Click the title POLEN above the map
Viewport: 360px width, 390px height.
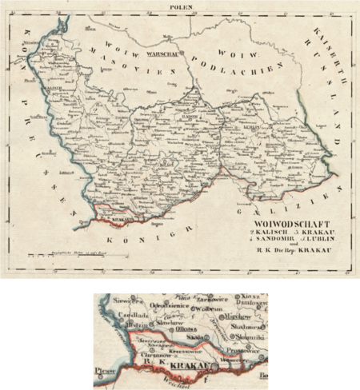[x=179, y=6]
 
